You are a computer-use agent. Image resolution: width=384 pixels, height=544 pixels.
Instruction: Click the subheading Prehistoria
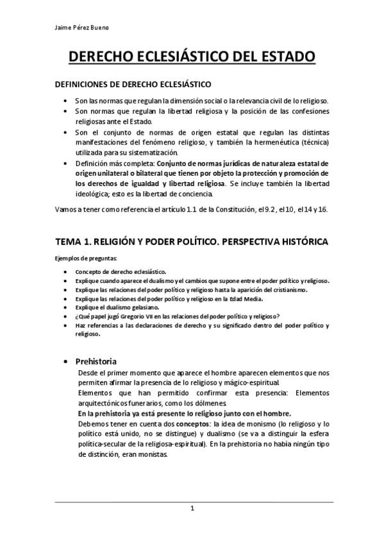tap(96, 361)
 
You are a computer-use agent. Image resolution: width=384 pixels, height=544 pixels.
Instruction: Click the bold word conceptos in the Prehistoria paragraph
tap(169, 424)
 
